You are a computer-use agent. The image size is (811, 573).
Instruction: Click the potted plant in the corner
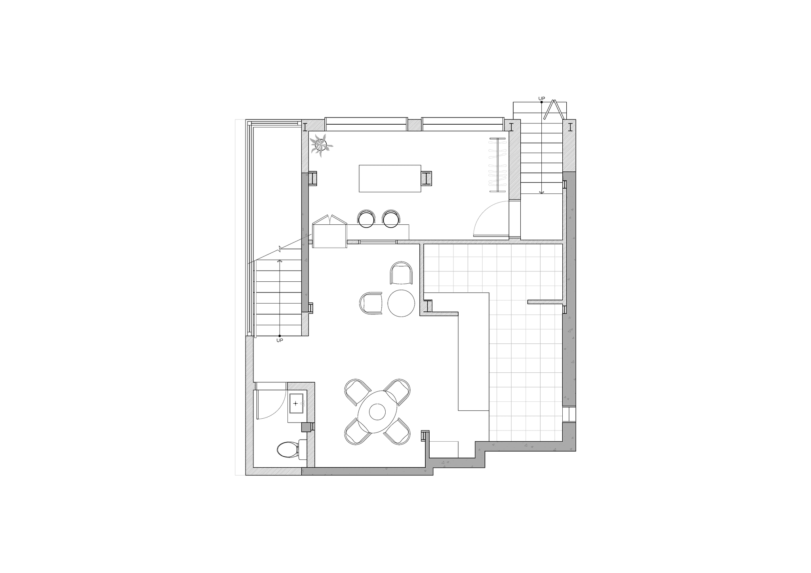(x=321, y=145)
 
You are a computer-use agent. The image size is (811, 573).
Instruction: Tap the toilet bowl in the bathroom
(x=287, y=450)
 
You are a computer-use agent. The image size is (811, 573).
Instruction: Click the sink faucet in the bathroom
(x=303, y=403)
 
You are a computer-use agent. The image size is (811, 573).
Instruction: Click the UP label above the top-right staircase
(x=541, y=98)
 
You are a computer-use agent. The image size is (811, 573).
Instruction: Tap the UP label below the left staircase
(x=280, y=340)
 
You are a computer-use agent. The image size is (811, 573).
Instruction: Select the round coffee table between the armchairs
(x=401, y=303)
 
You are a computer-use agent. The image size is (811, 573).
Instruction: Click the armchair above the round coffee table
(x=401, y=273)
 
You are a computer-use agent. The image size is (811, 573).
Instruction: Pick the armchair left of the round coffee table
(x=371, y=304)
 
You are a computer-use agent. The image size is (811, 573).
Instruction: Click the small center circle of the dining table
(x=377, y=412)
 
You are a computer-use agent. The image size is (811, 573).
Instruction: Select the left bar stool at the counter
(x=366, y=218)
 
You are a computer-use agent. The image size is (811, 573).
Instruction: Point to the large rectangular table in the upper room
(x=390, y=178)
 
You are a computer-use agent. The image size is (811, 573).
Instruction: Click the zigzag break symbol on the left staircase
(x=280, y=249)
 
